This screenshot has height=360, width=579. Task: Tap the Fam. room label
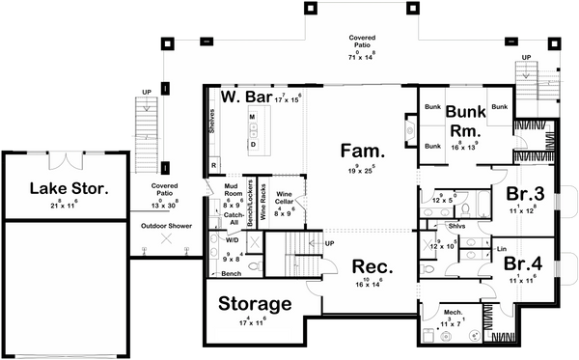362,151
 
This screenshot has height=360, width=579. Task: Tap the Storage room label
254,304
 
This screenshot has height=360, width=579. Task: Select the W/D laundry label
234,239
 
